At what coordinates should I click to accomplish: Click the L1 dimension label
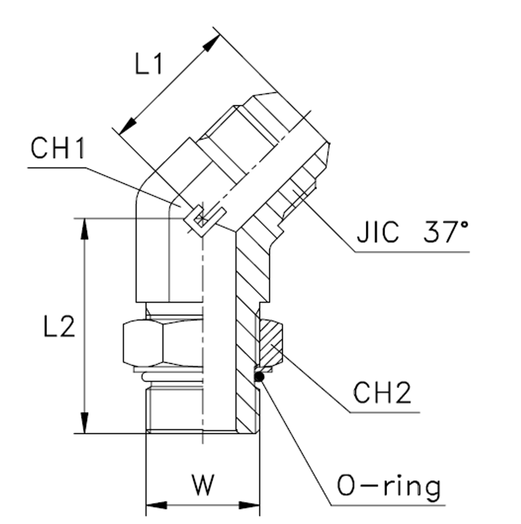[x=149, y=65]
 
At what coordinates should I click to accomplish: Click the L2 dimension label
[x=59, y=327]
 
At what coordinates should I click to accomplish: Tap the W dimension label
[x=202, y=485]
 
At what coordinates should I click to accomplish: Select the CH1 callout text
[x=57, y=149]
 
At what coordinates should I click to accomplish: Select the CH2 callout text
[x=382, y=393]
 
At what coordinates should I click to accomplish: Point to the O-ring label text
[x=388, y=486]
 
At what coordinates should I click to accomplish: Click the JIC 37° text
[x=412, y=233]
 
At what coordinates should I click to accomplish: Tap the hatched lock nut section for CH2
[x=271, y=342]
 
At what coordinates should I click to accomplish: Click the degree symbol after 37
[x=463, y=225]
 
